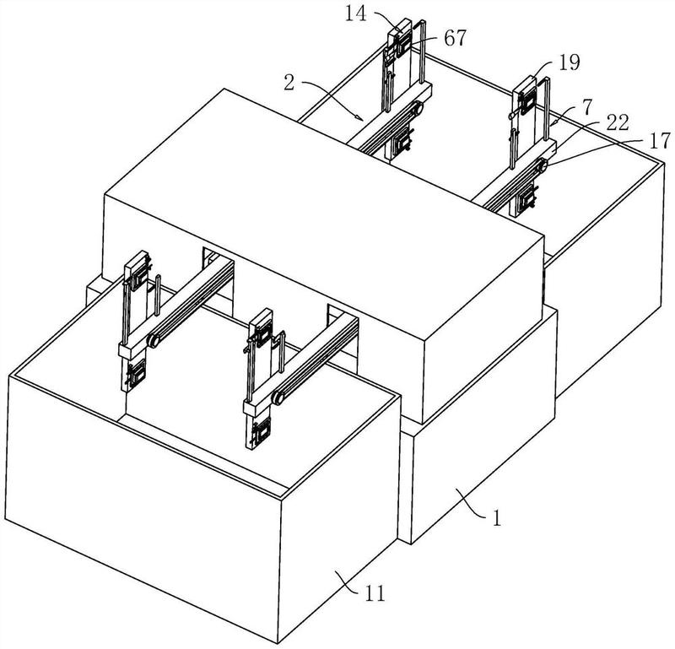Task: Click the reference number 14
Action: click(x=356, y=14)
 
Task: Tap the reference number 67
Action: click(x=455, y=39)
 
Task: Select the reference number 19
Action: click(x=570, y=63)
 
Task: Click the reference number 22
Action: click(x=618, y=122)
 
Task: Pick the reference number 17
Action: click(x=660, y=141)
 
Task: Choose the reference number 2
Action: click(x=289, y=82)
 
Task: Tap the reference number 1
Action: click(x=497, y=518)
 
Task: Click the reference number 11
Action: click(x=374, y=594)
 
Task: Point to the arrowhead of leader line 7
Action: click(x=553, y=124)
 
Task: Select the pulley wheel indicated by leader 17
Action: click(x=541, y=165)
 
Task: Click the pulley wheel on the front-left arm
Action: click(x=154, y=341)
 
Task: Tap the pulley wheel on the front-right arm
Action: click(x=278, y=398)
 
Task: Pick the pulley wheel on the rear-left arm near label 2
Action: click(x=417, y=108)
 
